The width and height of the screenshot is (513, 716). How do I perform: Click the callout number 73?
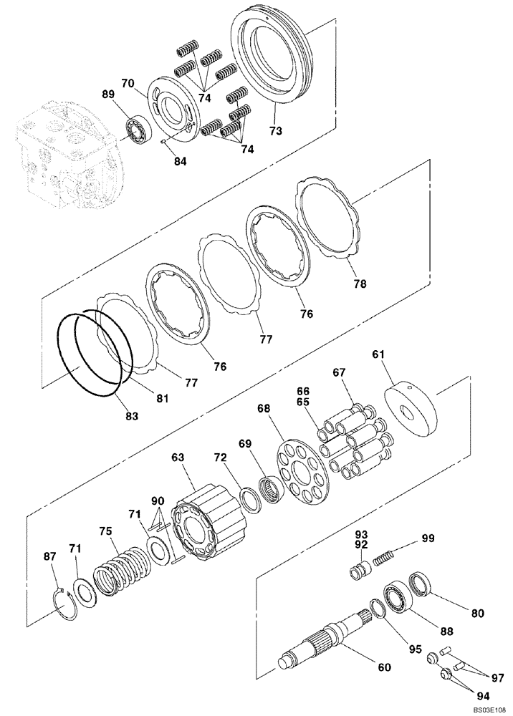coord(276,131)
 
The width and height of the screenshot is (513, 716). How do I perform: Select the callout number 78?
coord(360,284)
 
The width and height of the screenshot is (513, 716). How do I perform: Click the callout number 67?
coord(338,372)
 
